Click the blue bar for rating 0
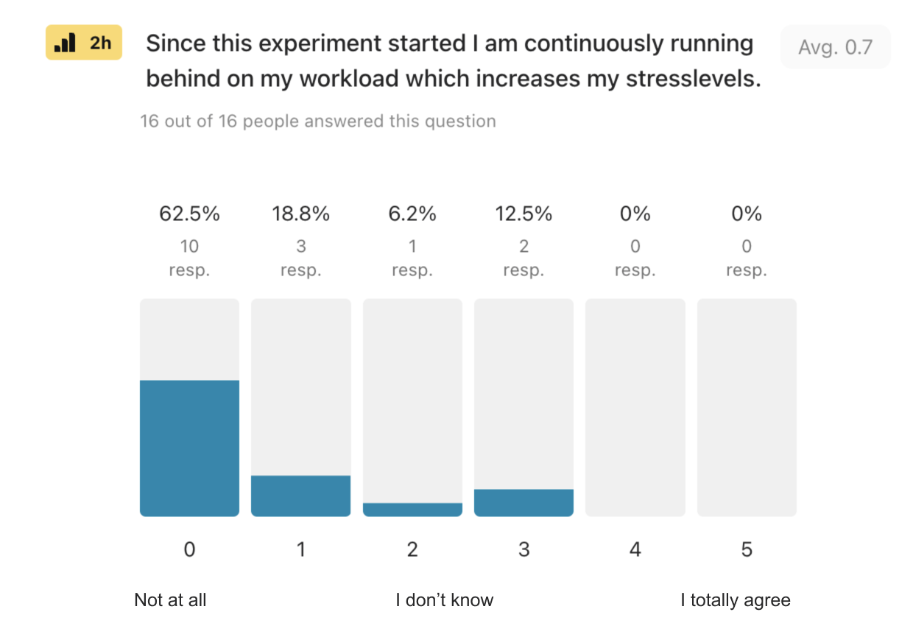189,448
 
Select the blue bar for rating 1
300,496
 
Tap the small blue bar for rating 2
412,510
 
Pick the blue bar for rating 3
524,502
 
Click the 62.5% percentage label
189,214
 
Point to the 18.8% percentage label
300,214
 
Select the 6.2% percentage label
412,214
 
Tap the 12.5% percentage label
524,214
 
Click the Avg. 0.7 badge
835,47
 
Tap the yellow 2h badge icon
83,43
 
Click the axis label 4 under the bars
635,549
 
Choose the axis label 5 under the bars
747,549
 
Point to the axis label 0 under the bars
189,549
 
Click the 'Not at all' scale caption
170,600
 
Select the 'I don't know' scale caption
444,600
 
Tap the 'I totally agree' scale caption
735,600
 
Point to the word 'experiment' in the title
268,43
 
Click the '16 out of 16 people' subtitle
317,121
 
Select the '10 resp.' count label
189,258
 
